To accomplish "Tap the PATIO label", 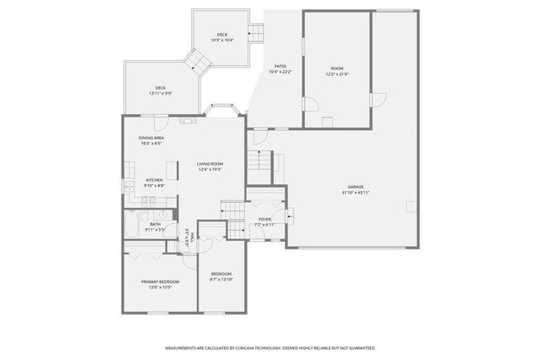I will point(279,66).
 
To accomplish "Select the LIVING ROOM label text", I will point(210,164).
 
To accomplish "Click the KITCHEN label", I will point(154,180).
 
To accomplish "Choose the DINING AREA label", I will point(151,138).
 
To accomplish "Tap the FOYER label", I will point(265,220).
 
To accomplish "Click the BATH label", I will point(156,224).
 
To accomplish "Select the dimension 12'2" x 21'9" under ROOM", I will point(336,74).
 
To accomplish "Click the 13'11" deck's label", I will point(160,88).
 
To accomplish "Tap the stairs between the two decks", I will point(199,61).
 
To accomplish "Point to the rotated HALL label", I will point(193,237).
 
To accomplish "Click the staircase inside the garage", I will point(263,160).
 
